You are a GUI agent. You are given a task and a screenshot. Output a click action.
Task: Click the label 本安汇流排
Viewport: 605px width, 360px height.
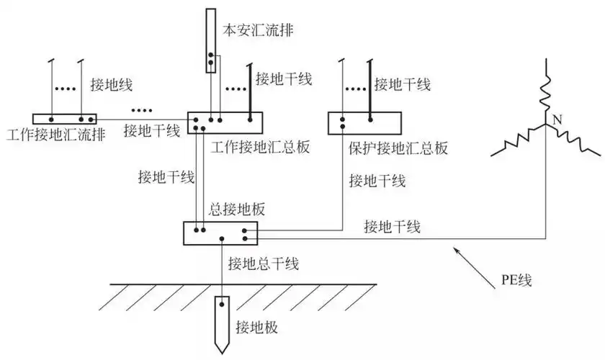pos(256,30)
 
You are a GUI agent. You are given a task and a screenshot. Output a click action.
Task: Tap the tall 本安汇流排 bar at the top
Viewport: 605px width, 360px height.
pos(210,40)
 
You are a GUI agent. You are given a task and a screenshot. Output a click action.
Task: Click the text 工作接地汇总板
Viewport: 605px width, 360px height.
pos(261,148)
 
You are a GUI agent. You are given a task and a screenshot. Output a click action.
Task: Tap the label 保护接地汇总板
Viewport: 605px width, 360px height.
pos(398,148)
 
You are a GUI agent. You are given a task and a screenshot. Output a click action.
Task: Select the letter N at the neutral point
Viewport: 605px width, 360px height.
pos(556,118)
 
